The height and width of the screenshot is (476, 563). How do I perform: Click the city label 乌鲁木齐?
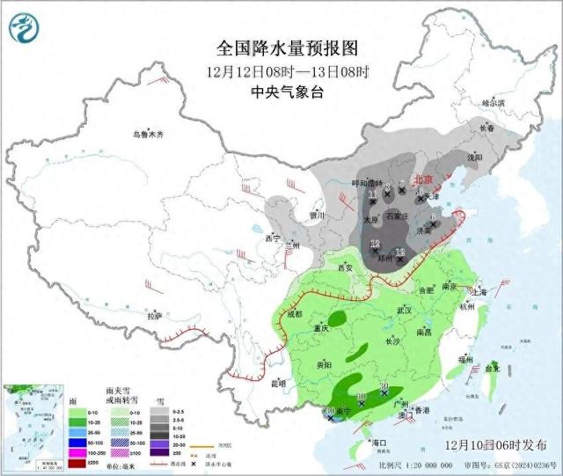click(x=149, y=135)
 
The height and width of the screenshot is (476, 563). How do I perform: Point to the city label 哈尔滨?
click(x=494, y=102)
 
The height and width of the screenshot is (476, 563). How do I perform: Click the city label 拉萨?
click(x=155, y=316)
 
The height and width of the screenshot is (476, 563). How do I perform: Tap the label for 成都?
click(x=293, y=313)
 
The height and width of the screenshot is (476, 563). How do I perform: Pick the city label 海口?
click(x=379, y=442)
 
